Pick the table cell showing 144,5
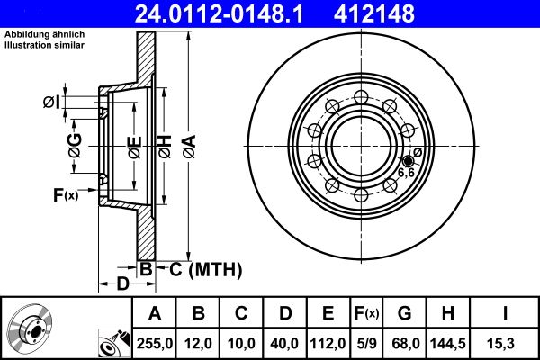pyautogui.click(x=448, y=342)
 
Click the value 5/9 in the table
pyautogui.click(x=366, y=342)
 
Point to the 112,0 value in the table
pyautogui.click(x=327, y=342)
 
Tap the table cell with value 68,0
pyautogui.click(x=405, y=342)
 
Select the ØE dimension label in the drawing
pyautogui.click(x=133, y=144)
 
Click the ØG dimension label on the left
pyautogui.click(x=75, y=143)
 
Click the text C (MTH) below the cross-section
pyautogui.click(x=205, y=267)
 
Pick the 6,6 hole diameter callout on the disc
pyautogui.click(x=406, y=173)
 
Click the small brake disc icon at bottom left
pyautogui.click(x=32, y=329)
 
